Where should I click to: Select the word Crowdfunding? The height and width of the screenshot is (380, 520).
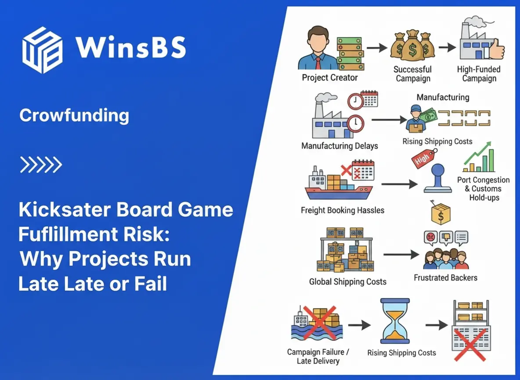(74, 116)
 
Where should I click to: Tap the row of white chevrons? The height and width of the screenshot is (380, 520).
(41, 165)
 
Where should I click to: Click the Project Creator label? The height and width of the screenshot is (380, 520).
(329, 78)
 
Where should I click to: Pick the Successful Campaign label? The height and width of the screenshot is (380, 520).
(412, 74)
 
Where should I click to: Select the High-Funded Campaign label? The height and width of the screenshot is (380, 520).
(479, 74)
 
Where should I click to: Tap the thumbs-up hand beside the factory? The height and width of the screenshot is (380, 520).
(496, 49)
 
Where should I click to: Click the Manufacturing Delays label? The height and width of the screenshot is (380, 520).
(340, 146)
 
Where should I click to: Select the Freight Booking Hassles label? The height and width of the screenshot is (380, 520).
(342, 210)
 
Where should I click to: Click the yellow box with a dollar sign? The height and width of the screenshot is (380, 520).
(441, 214)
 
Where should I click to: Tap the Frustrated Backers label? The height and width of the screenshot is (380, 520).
(445, 278)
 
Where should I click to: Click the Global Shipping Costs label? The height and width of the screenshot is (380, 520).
(347, 281)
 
